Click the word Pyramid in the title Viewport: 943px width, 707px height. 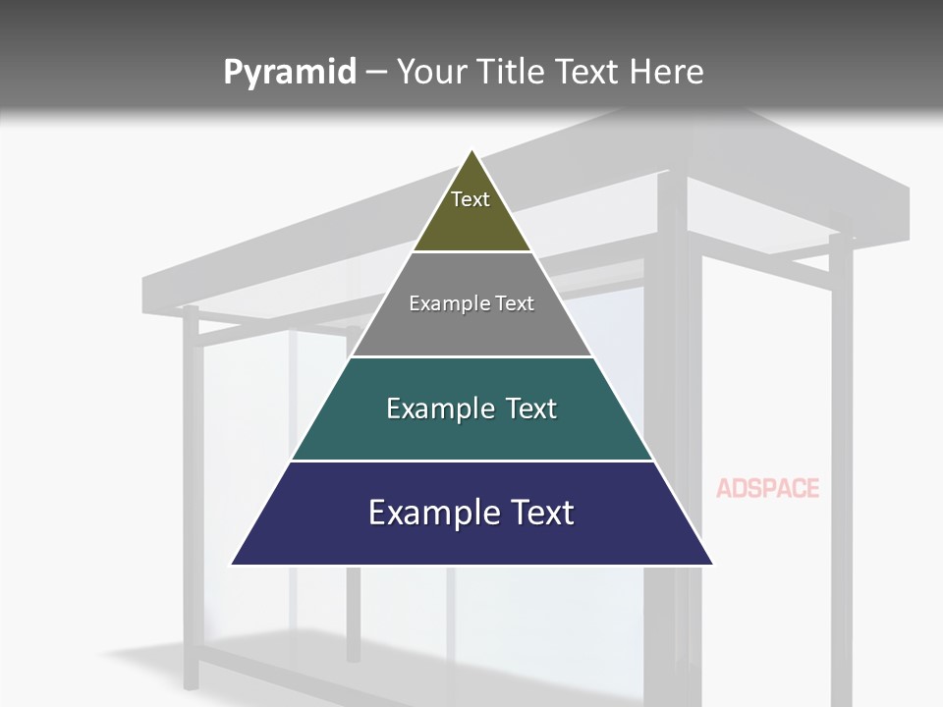pyautogui.click(x=290, y=73)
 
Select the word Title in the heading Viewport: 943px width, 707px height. pyautogui.click(x=515, y=73)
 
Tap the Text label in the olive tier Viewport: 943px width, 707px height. pyautogui.click(x=471, y=199)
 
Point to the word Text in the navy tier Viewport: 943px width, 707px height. pyautogui.click(x=535, y=513)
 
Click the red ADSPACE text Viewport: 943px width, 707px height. pyautogui.click(x=767, y=488)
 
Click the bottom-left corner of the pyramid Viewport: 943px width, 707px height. pyautogui.click(x=232, y=565)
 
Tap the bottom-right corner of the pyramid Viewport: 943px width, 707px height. pyautogui.click(x=712, y=565)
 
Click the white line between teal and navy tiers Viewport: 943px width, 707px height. pyautogui.click(x=471, y=461)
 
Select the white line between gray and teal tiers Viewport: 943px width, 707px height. pyautogui.click(x=471, y=356)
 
